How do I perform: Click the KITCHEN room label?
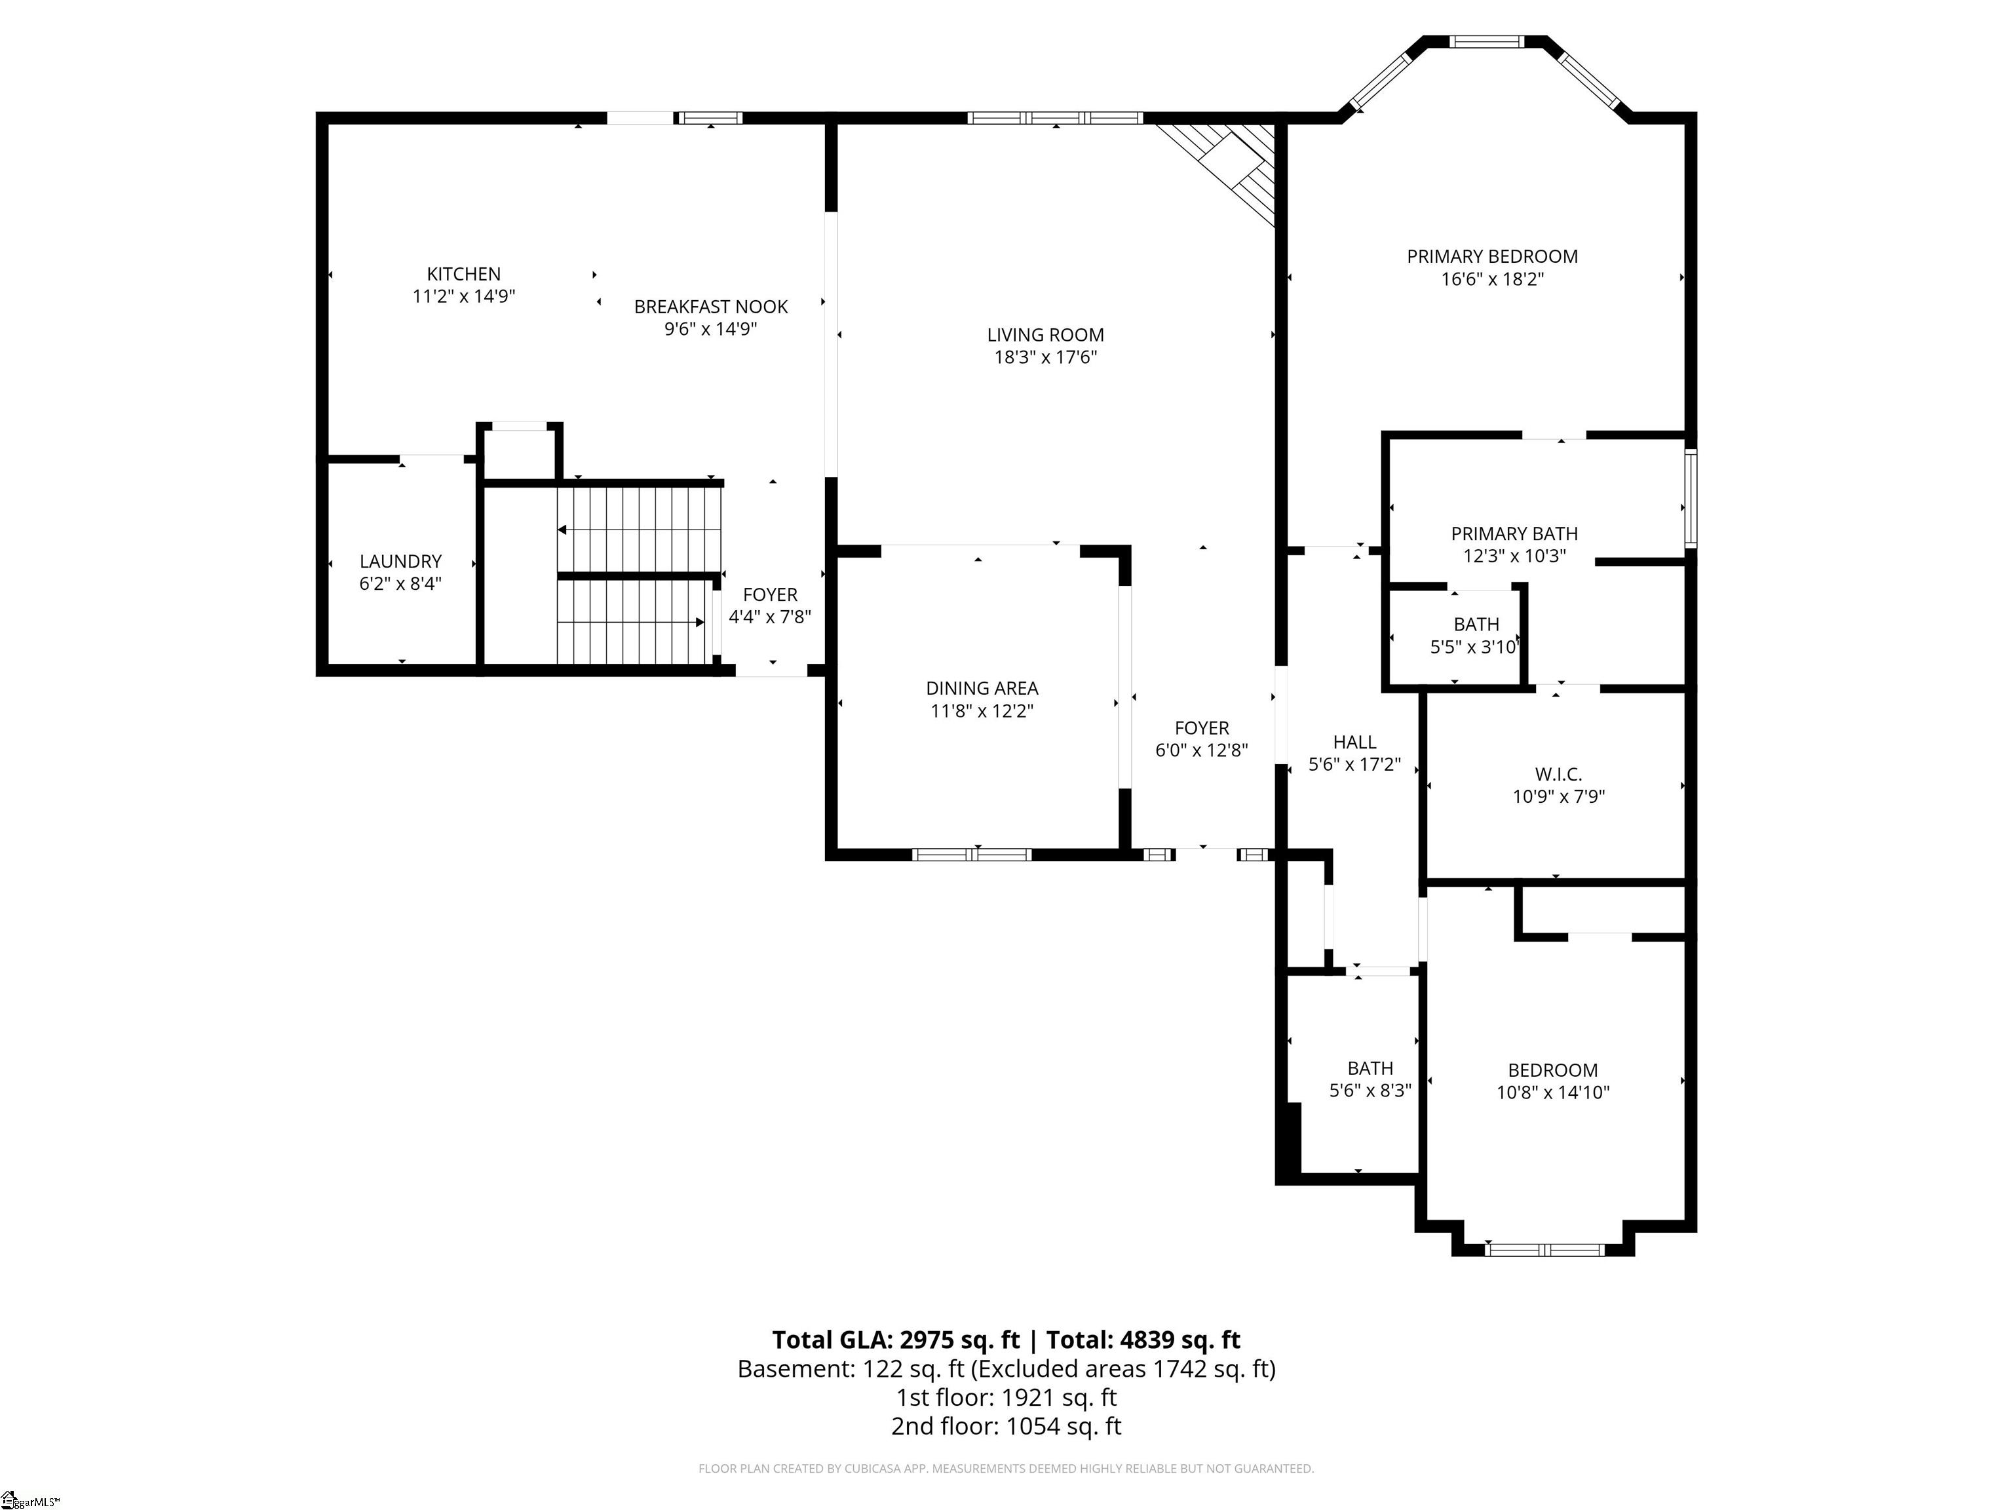464,274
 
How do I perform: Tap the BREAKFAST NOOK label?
711,307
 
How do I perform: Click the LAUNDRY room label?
400,562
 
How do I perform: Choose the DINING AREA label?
982,689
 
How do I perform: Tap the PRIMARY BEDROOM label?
1493,257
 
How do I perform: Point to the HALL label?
1355,743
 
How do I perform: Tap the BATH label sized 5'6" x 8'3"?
1371,1068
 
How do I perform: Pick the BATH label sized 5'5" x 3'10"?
1476,625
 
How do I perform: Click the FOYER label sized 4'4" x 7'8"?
770,595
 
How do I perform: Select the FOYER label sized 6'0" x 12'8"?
1202,728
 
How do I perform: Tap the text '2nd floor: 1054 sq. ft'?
1006,1426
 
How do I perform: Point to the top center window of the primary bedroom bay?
1486,41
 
